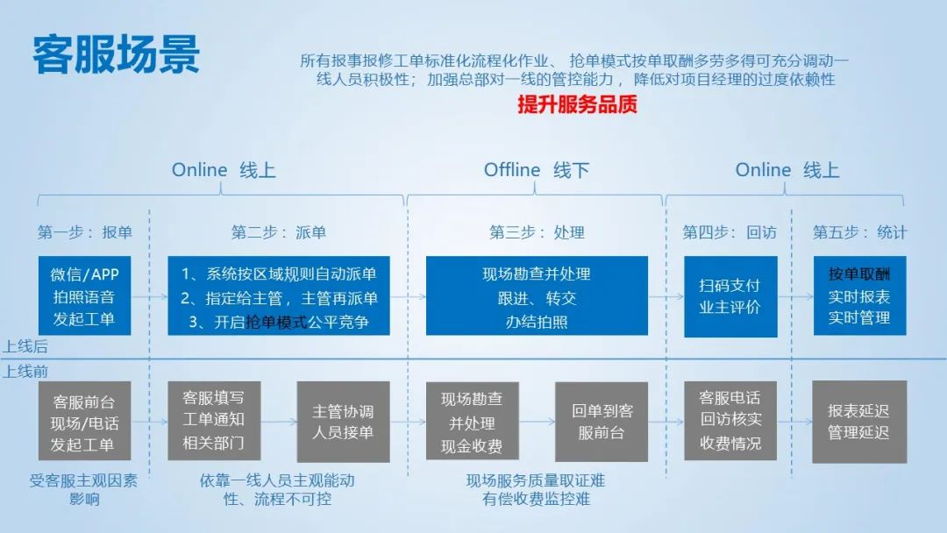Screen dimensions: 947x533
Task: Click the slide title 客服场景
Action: point(117,54)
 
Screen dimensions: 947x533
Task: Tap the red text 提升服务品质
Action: point(577,104)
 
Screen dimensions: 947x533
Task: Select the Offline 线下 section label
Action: point(536,170)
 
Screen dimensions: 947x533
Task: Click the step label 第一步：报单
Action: point(84,232)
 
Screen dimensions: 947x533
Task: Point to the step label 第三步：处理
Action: point(537,232)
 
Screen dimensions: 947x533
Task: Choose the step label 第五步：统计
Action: point(859,232)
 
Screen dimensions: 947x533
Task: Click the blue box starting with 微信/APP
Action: point(84,296)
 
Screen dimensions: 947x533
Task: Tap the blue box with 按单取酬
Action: point(858,296)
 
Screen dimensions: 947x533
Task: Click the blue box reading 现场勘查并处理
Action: point(537,296)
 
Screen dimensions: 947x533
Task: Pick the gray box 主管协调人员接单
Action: point(343,422)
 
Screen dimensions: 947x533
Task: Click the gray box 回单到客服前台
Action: point(602,422)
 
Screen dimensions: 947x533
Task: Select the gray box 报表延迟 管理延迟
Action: point(858,422)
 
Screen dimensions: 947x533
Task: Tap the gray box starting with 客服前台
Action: point(84,422)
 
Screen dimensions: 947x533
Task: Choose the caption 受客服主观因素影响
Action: point(84,490)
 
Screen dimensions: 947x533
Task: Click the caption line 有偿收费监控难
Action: point(536,500)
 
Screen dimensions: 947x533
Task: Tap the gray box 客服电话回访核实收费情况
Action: point(730,422)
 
